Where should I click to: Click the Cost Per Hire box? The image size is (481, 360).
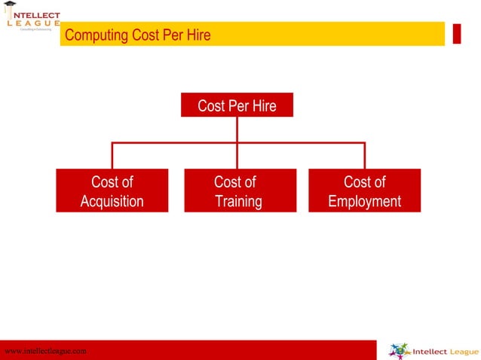237,105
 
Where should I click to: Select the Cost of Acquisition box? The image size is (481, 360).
112,191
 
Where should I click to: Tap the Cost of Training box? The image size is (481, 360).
237,191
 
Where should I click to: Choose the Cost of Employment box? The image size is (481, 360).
365,191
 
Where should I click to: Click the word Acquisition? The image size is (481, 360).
112,201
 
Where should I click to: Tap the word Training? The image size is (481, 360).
238,201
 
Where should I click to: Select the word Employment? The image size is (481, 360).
365,201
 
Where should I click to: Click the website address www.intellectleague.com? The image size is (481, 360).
45,351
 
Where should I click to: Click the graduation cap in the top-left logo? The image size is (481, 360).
9,5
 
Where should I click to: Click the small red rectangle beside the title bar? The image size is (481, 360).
457,34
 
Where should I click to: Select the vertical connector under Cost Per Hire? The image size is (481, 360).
237,130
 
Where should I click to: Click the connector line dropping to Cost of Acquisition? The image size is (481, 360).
112,156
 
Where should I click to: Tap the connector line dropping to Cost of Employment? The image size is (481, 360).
365,156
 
